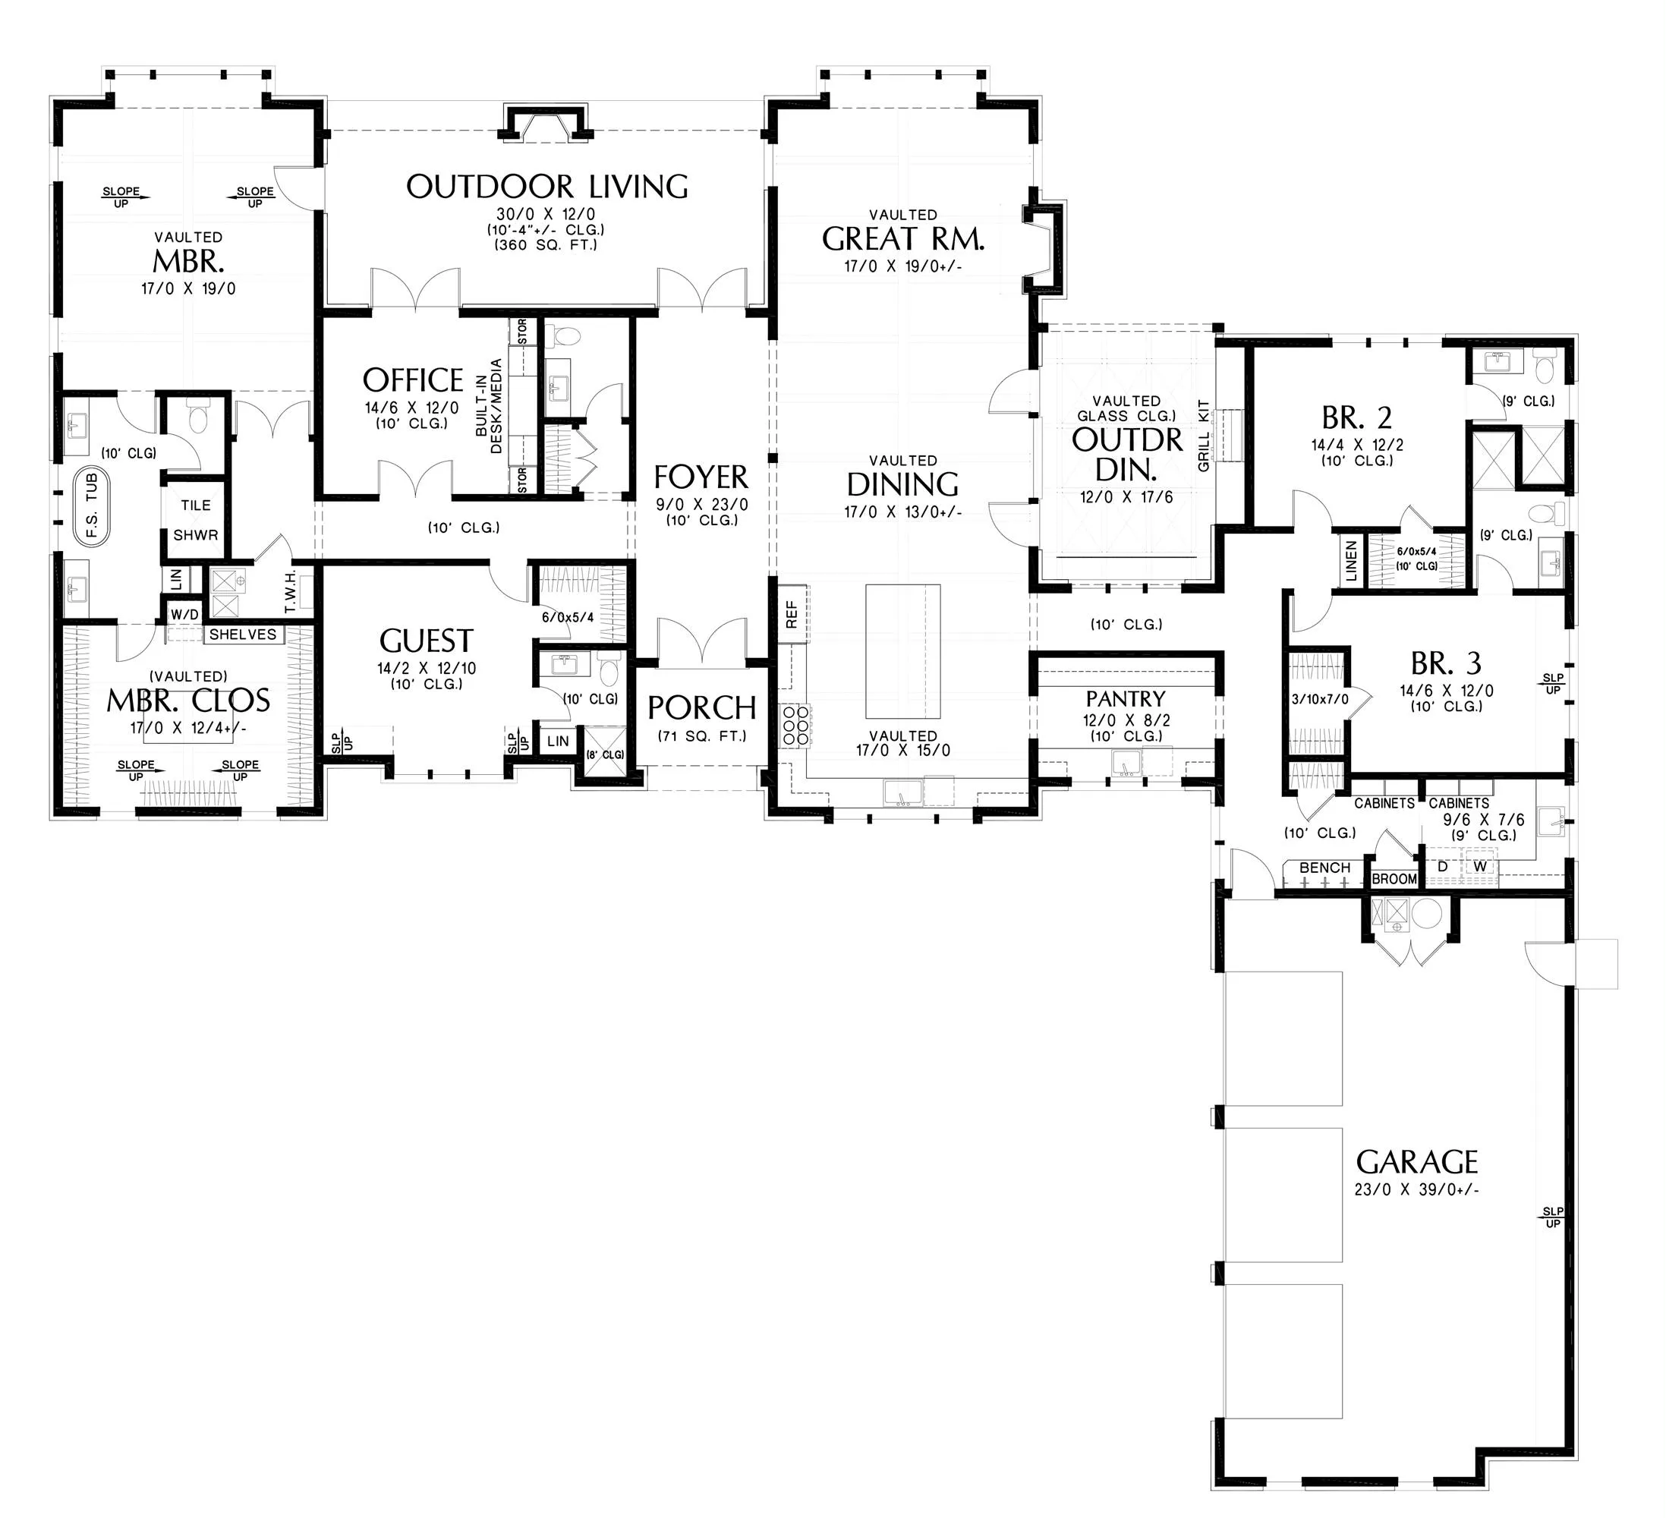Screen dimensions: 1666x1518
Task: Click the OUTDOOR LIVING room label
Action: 547,187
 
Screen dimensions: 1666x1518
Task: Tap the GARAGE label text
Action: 1416,1163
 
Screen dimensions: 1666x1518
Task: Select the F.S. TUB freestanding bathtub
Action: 91,505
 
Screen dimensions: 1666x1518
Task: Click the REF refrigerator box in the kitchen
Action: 792,613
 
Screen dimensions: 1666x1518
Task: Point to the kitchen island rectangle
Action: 902,652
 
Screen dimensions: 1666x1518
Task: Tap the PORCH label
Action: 701,708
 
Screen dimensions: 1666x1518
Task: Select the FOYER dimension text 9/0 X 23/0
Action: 701,505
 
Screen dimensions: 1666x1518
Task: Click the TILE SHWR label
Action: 196,520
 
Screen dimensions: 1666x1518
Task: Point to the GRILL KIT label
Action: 1203,436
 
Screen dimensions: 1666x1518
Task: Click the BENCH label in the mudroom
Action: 1324,868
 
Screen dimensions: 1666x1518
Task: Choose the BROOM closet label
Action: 1394,879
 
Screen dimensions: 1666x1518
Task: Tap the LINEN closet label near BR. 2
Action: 1351,561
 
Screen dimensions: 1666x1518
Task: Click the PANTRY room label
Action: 1125,699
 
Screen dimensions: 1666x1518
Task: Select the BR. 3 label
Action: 1445,663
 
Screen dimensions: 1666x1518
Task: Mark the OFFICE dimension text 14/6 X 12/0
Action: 411,408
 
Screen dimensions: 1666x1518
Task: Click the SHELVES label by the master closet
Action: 243,635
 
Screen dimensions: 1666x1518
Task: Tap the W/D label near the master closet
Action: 184,614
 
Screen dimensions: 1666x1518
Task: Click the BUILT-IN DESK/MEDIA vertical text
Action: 488,406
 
